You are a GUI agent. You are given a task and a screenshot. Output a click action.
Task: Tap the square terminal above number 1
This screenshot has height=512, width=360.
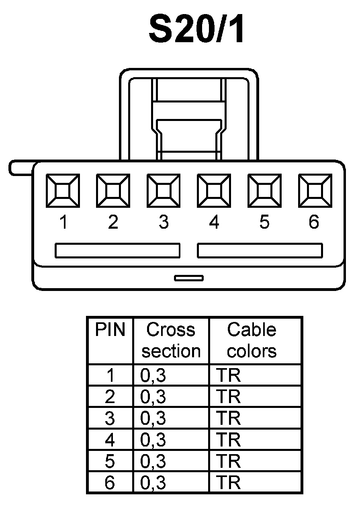(63, 191)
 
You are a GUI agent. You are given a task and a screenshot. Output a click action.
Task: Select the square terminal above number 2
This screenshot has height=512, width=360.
(113, 191)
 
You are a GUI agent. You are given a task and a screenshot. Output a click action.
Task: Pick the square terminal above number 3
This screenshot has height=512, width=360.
(163, 191)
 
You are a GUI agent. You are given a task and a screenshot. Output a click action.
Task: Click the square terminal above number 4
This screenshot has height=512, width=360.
(214, 191)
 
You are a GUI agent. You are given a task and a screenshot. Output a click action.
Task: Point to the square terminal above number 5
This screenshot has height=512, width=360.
(264, 191)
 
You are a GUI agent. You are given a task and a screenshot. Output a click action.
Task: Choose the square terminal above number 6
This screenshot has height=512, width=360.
(315, 191)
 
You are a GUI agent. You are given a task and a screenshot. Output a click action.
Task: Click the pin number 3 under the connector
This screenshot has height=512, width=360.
(163, 222)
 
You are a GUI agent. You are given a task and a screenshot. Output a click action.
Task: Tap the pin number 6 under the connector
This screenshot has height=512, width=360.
(314, 222)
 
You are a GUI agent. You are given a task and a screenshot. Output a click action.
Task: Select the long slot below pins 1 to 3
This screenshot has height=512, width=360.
(117, 250)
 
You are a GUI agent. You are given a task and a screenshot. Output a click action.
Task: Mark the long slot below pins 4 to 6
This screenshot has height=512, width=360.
(260, 250)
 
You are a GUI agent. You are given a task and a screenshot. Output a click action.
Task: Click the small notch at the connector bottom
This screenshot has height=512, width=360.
(188, 278)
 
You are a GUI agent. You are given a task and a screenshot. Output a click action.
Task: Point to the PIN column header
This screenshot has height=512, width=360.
(110, 330)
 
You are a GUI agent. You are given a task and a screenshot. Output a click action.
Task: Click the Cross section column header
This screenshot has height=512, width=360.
(171, 340)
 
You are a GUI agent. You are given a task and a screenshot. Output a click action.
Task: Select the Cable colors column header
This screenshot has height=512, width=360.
(252, 340)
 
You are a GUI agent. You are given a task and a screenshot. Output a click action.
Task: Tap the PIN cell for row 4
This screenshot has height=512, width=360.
(110, 440)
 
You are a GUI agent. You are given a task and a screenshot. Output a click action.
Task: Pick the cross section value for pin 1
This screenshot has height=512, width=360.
(153, 375)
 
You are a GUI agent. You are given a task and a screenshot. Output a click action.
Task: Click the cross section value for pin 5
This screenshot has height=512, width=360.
(153, 461)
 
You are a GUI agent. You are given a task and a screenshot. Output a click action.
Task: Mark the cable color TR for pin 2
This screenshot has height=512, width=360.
(229, 397)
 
